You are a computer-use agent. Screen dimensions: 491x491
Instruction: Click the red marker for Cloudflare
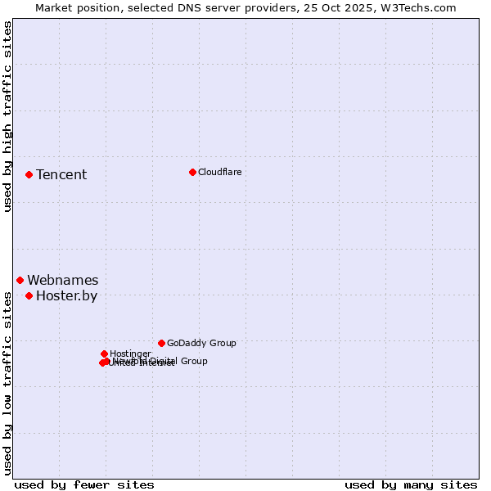(x=192, y=172)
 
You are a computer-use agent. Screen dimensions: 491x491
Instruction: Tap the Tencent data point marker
(x=29, y=174)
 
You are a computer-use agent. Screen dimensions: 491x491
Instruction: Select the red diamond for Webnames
(x=20, y=280)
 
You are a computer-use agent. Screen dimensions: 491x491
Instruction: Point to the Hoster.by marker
(x=29, y=295)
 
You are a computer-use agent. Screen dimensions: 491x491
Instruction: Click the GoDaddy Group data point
(x=161, y=343)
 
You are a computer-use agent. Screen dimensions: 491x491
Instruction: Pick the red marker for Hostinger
(x=104, y=354)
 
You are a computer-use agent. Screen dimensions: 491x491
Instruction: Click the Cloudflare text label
(x=219, y=172)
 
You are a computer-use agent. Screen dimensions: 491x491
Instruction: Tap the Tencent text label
(x=61, y=174)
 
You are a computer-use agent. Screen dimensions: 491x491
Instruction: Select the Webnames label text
(x=62, y=280)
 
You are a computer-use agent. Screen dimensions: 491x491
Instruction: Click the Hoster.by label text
(x=66, y=295)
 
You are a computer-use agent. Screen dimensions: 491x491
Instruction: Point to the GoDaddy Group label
(x=200, y=343)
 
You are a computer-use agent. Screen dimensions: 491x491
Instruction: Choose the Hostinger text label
(x=129, y=354)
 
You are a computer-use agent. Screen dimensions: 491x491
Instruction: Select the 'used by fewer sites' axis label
(x=84, y=484)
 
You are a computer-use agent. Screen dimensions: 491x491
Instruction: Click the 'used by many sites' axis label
(x=411, y=484)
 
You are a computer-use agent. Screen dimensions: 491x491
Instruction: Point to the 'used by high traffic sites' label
(x=7, y=116)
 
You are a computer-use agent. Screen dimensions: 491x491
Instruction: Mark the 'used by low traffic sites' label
(x=7, y=383)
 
